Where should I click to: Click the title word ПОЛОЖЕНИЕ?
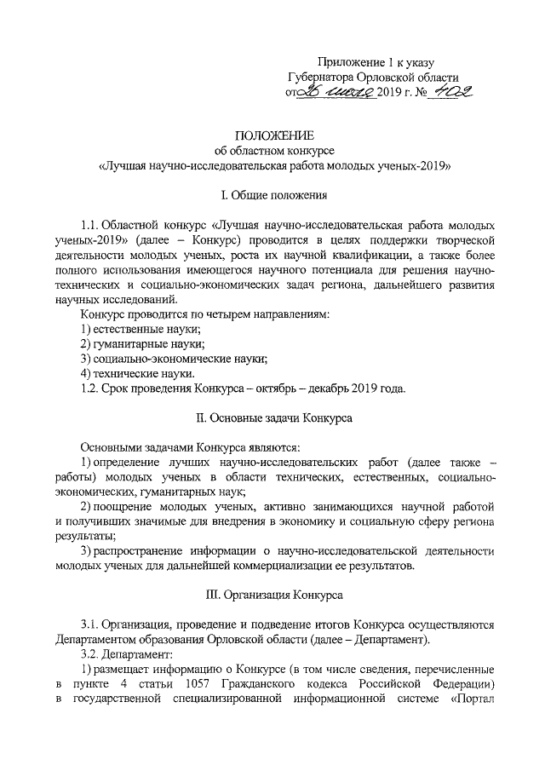click(x=274, y=135)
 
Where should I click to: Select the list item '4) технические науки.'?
click(x=137, y=374)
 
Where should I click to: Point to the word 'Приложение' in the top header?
click(x=349, y=62)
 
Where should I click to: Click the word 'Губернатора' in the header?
click(x=323, y=78)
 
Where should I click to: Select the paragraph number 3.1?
click(x=90, y=624)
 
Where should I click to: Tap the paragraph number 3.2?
click(x=90, y=654)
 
